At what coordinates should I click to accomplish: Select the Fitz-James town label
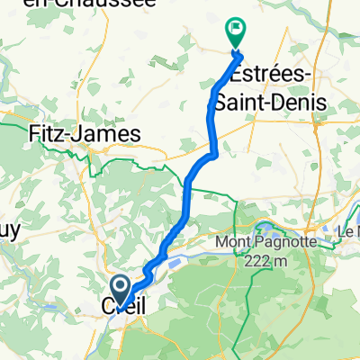click(x=85, y=133)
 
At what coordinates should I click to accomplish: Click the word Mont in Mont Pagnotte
click(x=233, y=242)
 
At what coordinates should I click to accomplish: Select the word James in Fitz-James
click(x=112, y=133)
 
